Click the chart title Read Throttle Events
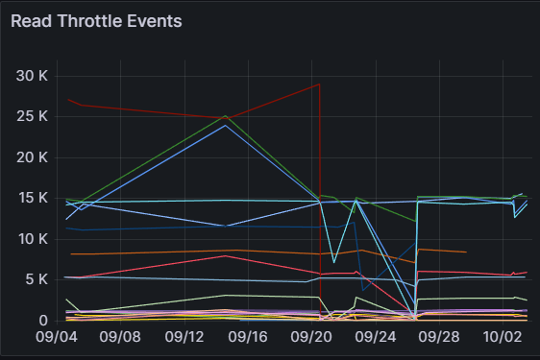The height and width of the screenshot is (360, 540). point(96,21)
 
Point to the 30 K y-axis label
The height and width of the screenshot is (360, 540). point(32,76)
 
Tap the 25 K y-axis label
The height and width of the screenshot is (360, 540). point(32,116)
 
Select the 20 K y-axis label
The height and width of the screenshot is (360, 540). point(32,157)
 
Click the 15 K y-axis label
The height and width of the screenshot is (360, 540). point(33,198)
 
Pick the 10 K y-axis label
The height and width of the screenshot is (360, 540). point(33,239)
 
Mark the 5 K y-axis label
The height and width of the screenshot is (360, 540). point(37,279)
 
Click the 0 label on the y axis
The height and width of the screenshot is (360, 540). point(43,321)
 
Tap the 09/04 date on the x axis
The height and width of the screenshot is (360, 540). point(57,337)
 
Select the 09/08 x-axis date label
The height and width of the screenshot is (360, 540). point(120,337)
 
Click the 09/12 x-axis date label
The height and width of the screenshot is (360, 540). point(184,337)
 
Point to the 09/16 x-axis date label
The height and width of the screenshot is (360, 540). point(248,337)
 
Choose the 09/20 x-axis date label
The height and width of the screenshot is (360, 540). point(311,337)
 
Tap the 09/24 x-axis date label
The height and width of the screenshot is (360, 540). point(376,337)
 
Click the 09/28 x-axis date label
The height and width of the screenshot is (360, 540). point(439,337)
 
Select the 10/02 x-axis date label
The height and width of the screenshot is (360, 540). point(503,337)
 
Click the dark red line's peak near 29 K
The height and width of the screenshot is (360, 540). point(320,84)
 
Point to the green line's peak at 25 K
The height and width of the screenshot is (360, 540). point(226,115)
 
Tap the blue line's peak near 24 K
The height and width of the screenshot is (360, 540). point(226,125)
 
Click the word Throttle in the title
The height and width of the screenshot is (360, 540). point(89,21)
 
